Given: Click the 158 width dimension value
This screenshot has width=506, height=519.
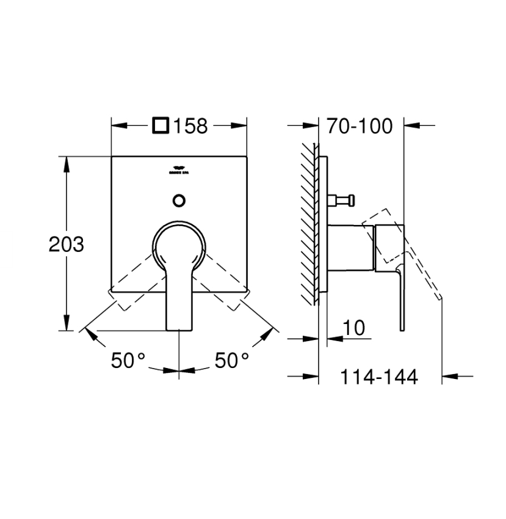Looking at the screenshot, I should coord(191,127).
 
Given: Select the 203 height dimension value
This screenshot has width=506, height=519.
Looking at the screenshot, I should coord(66,245).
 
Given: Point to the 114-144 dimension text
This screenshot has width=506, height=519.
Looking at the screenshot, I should coord(378,377).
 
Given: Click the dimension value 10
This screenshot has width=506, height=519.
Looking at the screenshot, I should coord(354,328).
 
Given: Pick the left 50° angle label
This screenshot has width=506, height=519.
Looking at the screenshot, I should coord(128,361).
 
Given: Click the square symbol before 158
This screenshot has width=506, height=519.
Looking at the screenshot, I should coord(161,127).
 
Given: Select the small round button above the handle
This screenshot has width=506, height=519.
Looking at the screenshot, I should coord(179,200).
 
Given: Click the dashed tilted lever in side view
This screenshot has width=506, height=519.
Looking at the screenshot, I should coord(421,269).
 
